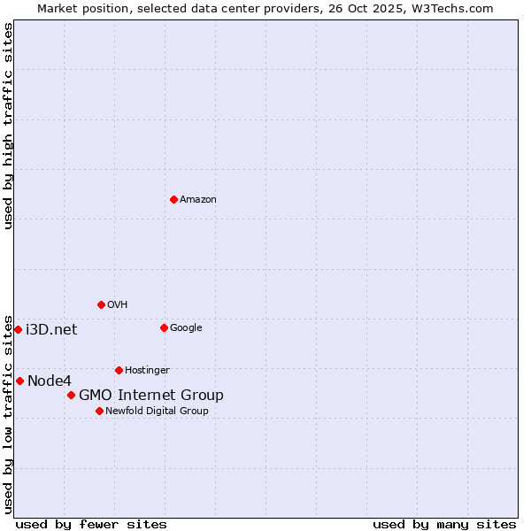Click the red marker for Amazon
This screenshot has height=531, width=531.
coord(173,199)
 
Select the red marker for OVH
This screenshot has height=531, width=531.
coord(101,304)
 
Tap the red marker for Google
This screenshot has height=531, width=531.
coord(164,327)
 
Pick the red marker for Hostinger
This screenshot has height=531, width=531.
coord(119,370)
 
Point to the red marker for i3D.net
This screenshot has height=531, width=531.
coord(18,329)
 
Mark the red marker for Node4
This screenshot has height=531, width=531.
coord(19,381)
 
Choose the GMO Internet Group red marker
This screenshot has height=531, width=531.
coord(71,395)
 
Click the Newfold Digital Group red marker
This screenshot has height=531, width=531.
coord(99,411)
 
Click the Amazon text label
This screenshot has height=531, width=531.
coord(198,200)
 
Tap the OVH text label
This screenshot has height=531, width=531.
coord(118,305)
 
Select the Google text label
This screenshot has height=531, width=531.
coord(186,328)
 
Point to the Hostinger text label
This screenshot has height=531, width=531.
coord(147,371)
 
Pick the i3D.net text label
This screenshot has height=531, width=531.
coord(51,330)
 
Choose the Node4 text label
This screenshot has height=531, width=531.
coord(49,381)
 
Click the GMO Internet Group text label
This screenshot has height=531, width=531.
coord(151,396)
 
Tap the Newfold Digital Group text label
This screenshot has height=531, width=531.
coord(158,412)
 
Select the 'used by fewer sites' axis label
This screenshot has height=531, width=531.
coord(91,524)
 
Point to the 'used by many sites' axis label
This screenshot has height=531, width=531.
coord(444,524)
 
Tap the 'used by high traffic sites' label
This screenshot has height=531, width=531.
coord(8,126)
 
